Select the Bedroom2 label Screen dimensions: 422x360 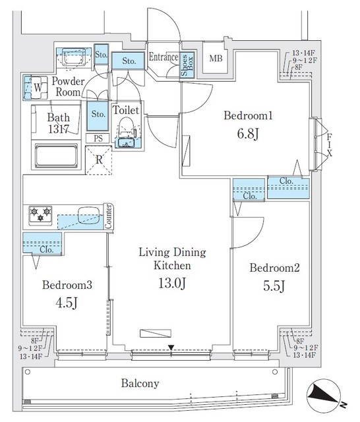click(x=275, y=268)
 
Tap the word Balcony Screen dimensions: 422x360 click(x=139, y=383)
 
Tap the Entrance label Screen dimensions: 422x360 click(x=164, y=57)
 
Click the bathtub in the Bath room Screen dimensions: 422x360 click(x=55, y=159)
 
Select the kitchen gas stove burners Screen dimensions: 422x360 click(x=40, y=214)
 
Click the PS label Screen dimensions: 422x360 click(x=98, y=138)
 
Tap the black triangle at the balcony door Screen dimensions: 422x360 click(x=171, y=348)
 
